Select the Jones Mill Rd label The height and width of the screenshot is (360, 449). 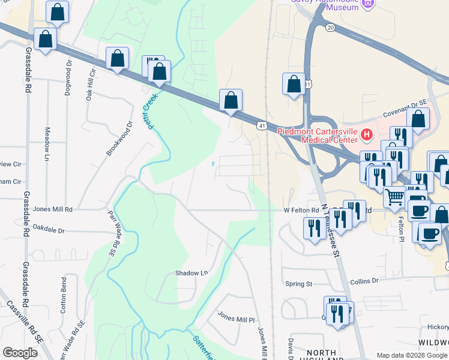[53, 209]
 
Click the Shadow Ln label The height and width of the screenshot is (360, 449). [191, 273]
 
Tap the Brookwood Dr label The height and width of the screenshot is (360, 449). [119, 139]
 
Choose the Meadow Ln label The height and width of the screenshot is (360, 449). [48, 144]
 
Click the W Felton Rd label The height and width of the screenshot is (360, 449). [301, 210]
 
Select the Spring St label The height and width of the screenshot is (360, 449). [299, 284]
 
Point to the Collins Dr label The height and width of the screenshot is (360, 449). [364, 280]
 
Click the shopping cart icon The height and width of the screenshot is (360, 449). [394, 196]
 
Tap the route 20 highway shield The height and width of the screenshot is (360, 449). [331, 28]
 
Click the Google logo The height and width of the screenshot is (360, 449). [20, 353]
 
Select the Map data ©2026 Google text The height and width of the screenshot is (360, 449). [411, 355]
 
